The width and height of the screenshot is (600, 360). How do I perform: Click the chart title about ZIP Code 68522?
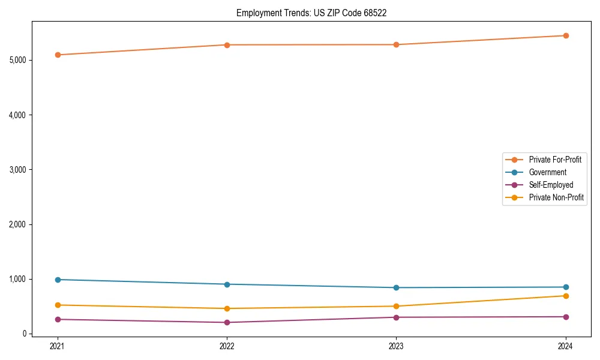click(307, 13)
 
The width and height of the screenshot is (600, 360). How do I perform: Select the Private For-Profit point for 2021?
click(58, 55)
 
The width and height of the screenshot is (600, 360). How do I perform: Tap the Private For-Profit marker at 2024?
click(566, 35)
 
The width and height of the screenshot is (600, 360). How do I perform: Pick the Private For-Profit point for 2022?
click(227, 45)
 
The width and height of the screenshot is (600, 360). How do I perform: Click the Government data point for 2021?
click(58, 280)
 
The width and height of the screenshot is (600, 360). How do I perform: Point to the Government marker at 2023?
click(396, 287)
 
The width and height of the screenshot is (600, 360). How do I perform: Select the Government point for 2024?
click(566, 287)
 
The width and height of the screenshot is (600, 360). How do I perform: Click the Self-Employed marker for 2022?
click(227, 322)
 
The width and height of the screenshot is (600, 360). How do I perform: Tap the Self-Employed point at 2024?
click(566, 317)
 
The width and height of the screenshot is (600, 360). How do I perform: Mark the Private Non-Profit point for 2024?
click(566, 296)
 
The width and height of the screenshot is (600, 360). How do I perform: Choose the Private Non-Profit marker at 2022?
click(227, 308)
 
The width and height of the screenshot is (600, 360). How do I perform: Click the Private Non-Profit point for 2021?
click(58, 305)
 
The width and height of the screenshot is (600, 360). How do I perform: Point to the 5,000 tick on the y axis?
click(18, 60)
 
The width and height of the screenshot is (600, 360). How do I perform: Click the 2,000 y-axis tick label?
click(18, 224)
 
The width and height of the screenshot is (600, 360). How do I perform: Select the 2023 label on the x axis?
click(396, 346)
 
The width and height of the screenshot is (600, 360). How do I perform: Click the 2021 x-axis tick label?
click(58, 346)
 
